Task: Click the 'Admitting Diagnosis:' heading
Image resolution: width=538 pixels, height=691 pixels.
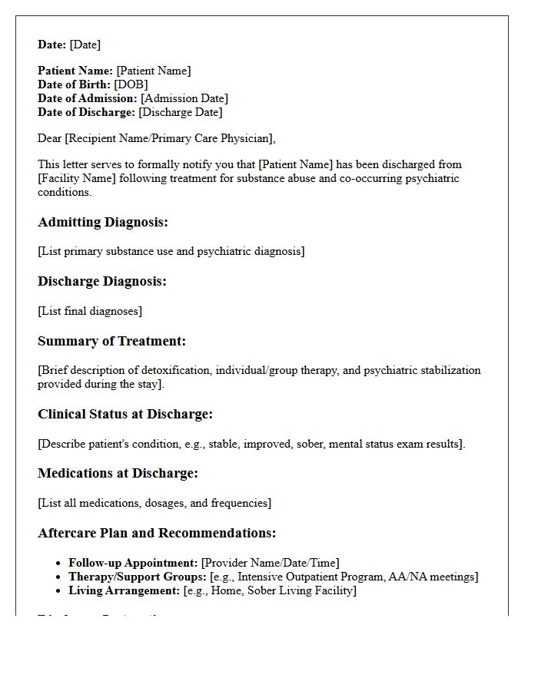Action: (x=103, y=223)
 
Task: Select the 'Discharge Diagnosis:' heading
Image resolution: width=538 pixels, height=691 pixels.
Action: (x=102, y=282)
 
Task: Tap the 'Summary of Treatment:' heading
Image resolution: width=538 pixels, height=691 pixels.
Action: (x=112, y=342)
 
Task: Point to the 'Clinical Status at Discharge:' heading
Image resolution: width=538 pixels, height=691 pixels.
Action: (x=125, y=415)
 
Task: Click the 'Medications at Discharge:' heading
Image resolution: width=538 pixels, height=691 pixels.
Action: (x=118, y=474)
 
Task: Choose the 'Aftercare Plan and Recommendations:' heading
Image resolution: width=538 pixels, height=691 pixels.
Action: (x=157, y=534)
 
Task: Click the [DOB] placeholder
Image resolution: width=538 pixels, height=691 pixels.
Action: (x=131, y=84)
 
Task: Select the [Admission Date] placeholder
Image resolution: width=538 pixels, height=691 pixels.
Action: (x=184, y=98)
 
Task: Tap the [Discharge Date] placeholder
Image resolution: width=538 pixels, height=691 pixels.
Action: (x=181, y=112)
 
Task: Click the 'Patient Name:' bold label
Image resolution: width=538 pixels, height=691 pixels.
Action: (x=75, y=71)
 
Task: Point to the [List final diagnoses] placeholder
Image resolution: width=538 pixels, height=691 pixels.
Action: (x=90, y=311)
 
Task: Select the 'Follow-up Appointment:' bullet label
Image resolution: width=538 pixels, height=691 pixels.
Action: (x=134, y=563)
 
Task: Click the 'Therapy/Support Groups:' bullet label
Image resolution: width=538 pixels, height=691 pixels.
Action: (x=138, y=577)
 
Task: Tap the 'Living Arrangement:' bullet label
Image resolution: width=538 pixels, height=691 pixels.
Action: (x=125, y=590)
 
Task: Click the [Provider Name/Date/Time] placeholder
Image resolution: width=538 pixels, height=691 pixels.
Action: (x=271, y=563)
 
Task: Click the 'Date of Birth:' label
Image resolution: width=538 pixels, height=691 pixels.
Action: (x=75, y=84)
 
